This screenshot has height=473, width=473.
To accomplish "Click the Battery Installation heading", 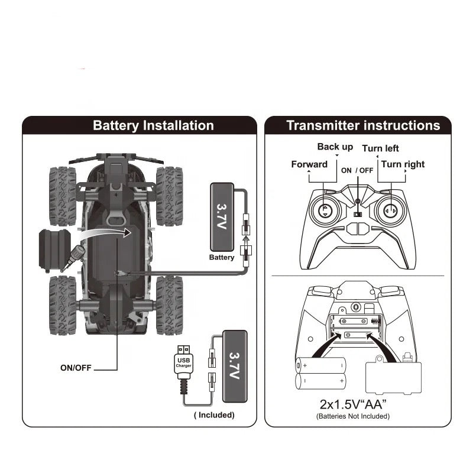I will [x=153, y=125].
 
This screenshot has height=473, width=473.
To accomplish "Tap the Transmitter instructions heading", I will [x=363, y=125].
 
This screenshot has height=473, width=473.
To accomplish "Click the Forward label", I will [x=309, y=164].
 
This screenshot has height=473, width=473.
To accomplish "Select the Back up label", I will [x=335, y=147].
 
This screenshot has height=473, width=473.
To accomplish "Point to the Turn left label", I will [x=380, y=148].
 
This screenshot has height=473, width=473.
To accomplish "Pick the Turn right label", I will [x=403, y=164].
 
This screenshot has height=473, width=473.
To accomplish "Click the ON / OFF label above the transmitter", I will [x=357, y=170].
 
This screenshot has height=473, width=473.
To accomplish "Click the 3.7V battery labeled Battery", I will [x=222, y=216].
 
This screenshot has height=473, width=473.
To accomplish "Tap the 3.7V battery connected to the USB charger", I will [x=235, y=366].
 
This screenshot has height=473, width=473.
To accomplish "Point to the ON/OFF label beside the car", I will [x=76, y=368].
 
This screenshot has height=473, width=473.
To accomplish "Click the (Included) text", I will [x=214, y=415].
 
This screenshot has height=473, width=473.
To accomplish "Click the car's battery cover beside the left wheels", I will [x=54, y=248].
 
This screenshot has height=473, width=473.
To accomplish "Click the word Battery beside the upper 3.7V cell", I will [x=222, y=258].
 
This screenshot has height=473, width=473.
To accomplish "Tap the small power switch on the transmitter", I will [x=357, y=215].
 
